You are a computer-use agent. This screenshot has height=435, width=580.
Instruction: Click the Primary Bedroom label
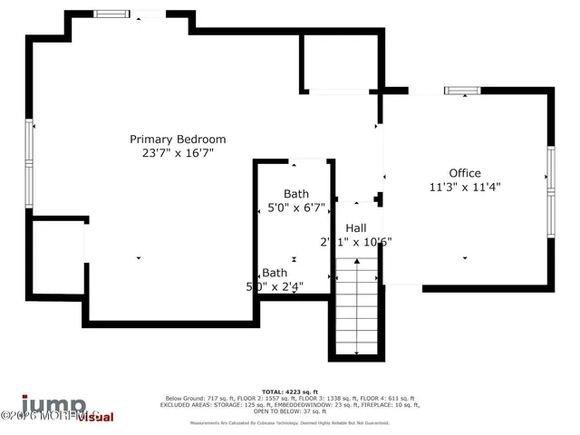pos(178,140)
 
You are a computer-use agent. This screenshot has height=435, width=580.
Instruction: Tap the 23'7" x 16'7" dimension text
pos(178,154)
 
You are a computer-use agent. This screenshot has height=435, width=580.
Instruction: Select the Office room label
pos(465,173)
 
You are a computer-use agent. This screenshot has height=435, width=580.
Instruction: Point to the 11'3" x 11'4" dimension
pos(465,188)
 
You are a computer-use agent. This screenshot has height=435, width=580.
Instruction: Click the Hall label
pos(355,228)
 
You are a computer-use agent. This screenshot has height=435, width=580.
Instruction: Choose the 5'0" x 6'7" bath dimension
pos(295,208)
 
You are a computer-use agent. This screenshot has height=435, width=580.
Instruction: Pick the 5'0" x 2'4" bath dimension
pos(275,286)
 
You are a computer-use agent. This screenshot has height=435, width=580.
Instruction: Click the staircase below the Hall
pos(355,308)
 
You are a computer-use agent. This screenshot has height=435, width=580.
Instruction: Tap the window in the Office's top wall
pos(459,91)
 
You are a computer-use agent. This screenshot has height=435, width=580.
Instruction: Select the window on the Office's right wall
pos(550,190)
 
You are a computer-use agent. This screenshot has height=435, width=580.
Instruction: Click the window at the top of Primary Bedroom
pos(111,14)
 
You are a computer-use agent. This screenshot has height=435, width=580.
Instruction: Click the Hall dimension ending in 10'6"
pos(355,242)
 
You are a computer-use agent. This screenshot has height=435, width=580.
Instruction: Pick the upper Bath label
pos(295,194)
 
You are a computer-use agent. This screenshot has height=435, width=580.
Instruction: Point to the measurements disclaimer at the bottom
pos(289,422)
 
